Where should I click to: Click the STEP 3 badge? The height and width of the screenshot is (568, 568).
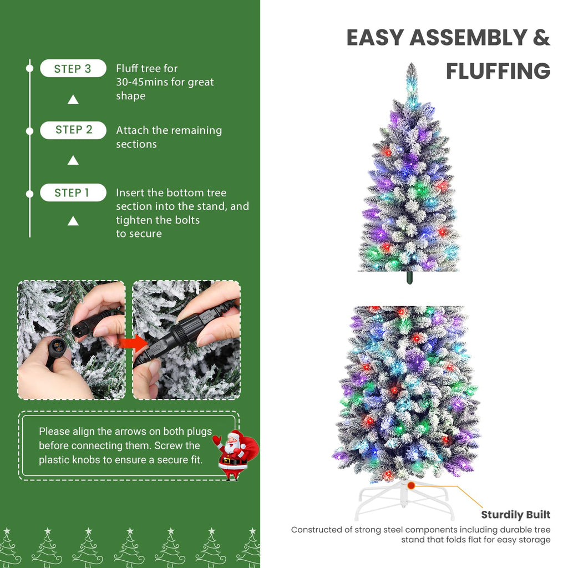[73, 69]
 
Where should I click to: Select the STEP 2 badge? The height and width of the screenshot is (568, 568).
[73, 130]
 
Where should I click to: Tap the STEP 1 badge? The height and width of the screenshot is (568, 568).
[73, 193]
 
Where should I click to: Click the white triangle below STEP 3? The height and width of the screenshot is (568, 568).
[73, 100]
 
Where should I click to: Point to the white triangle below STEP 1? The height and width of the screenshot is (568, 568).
[73, 221]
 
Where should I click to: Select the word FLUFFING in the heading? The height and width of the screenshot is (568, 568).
[498, 72]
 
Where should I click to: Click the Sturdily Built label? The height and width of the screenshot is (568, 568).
[515, 515]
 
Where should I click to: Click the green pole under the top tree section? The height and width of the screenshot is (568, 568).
[409, 277]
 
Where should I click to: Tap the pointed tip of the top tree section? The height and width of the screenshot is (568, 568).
[411, 67]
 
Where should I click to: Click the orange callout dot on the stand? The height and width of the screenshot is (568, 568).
[411, 485]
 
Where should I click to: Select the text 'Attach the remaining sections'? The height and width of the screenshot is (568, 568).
[169, 137]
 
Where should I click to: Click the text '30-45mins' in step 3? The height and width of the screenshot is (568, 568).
[141, 82]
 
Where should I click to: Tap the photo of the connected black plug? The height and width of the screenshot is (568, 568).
[186, 339]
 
